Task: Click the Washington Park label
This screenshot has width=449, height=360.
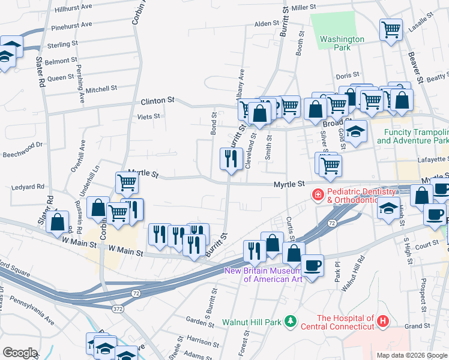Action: click(342, 43)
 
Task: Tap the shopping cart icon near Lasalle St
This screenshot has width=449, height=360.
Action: click(391, 29)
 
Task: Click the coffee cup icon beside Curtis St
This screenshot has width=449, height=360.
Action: click(312, 265)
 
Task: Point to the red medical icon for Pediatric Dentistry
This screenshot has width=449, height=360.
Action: click(316, 194)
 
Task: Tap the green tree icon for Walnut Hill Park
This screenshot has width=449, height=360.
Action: click(291, 322)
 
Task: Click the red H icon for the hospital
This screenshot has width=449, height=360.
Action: click(382, 322)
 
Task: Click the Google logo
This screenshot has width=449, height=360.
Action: click(20, 352)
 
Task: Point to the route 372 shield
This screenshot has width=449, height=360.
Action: click(119, 308)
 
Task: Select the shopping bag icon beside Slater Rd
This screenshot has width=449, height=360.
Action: click(57, 221)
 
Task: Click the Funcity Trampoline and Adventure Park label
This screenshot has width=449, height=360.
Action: click(412, 136)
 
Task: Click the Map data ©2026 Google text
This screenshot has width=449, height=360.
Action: click(412, 355)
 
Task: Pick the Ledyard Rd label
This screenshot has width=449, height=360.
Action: click(28, 187)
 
